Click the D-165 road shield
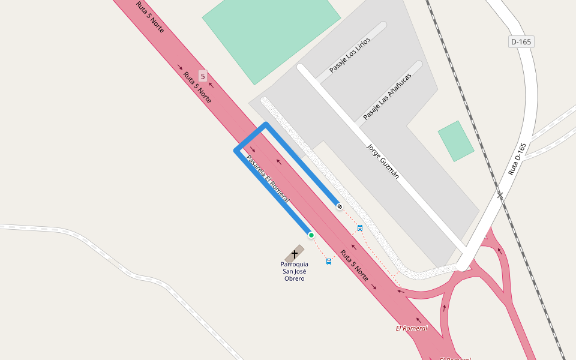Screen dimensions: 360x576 point(521,42)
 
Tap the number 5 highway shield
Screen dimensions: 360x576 point(203,76)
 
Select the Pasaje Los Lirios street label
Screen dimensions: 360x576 point(349,55)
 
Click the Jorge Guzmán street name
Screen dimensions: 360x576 point(383,161)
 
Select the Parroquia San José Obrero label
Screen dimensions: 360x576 point(294,271)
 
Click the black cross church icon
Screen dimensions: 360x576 point(295,254)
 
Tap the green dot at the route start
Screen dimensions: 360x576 point(311,235)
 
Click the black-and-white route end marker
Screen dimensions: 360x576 point(340,206)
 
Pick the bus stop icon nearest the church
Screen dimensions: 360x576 point(328,262)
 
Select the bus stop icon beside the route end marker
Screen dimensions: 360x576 point(360,227)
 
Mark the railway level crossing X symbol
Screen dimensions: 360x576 point(500,195)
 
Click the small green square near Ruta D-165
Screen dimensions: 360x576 point(456,141)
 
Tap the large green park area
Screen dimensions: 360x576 point(271,33)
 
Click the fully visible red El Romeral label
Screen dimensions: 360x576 point(412,328)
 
